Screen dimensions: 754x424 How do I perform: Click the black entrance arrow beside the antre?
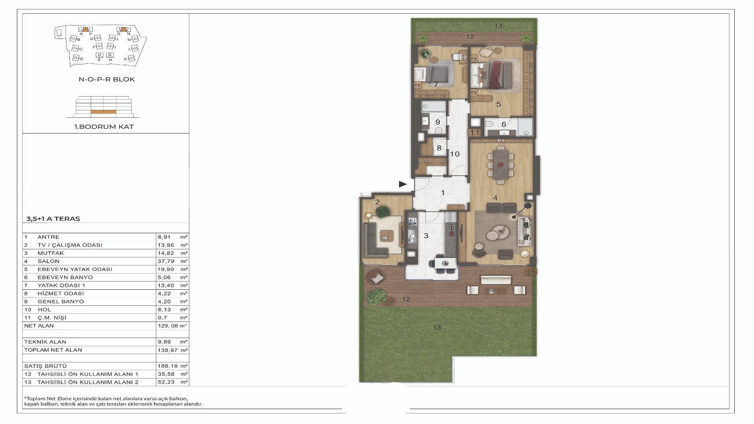(x=403, y=184)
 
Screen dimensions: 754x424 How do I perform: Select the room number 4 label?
(x=495, y=198)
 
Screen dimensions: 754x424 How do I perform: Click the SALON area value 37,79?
(x=163, y=261)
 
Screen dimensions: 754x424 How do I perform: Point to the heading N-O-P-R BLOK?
(x=107, y=79)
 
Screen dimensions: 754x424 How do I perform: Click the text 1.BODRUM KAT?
(x=104, y=127)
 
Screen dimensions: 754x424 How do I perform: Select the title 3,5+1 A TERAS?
(x=52, y=219)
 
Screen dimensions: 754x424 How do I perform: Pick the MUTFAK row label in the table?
(x=51, y=253)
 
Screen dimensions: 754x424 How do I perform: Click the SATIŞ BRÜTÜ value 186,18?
(x=165, y=366)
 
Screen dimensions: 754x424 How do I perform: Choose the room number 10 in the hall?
(x=455, y=154)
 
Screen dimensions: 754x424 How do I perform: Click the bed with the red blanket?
(x=496, y=74)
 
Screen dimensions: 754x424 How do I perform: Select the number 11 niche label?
(x=475, y=133)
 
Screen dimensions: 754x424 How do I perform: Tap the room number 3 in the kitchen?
(x=426, y=236)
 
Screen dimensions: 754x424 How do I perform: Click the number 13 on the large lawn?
(x=437, y=327)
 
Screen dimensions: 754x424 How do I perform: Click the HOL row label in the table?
(x=44, y=310)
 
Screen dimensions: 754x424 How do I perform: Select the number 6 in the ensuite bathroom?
(x=504, y=125)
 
